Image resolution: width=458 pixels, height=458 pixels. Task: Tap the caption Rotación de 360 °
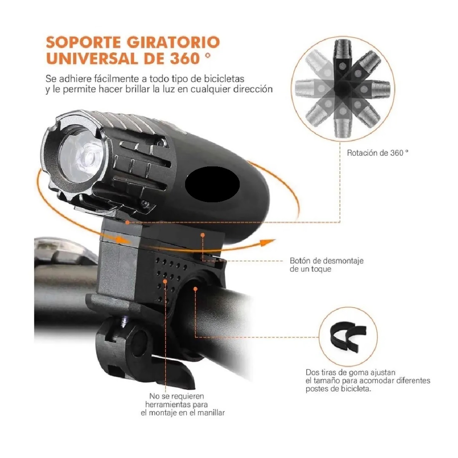coord(377,153)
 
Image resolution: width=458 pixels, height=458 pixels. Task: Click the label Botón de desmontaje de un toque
coord(326,265)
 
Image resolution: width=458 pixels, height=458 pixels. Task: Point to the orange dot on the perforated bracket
coord(165,281)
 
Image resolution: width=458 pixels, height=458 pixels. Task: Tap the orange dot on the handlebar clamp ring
coord(195,289)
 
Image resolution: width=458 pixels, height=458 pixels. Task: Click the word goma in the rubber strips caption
coord(348,373)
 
